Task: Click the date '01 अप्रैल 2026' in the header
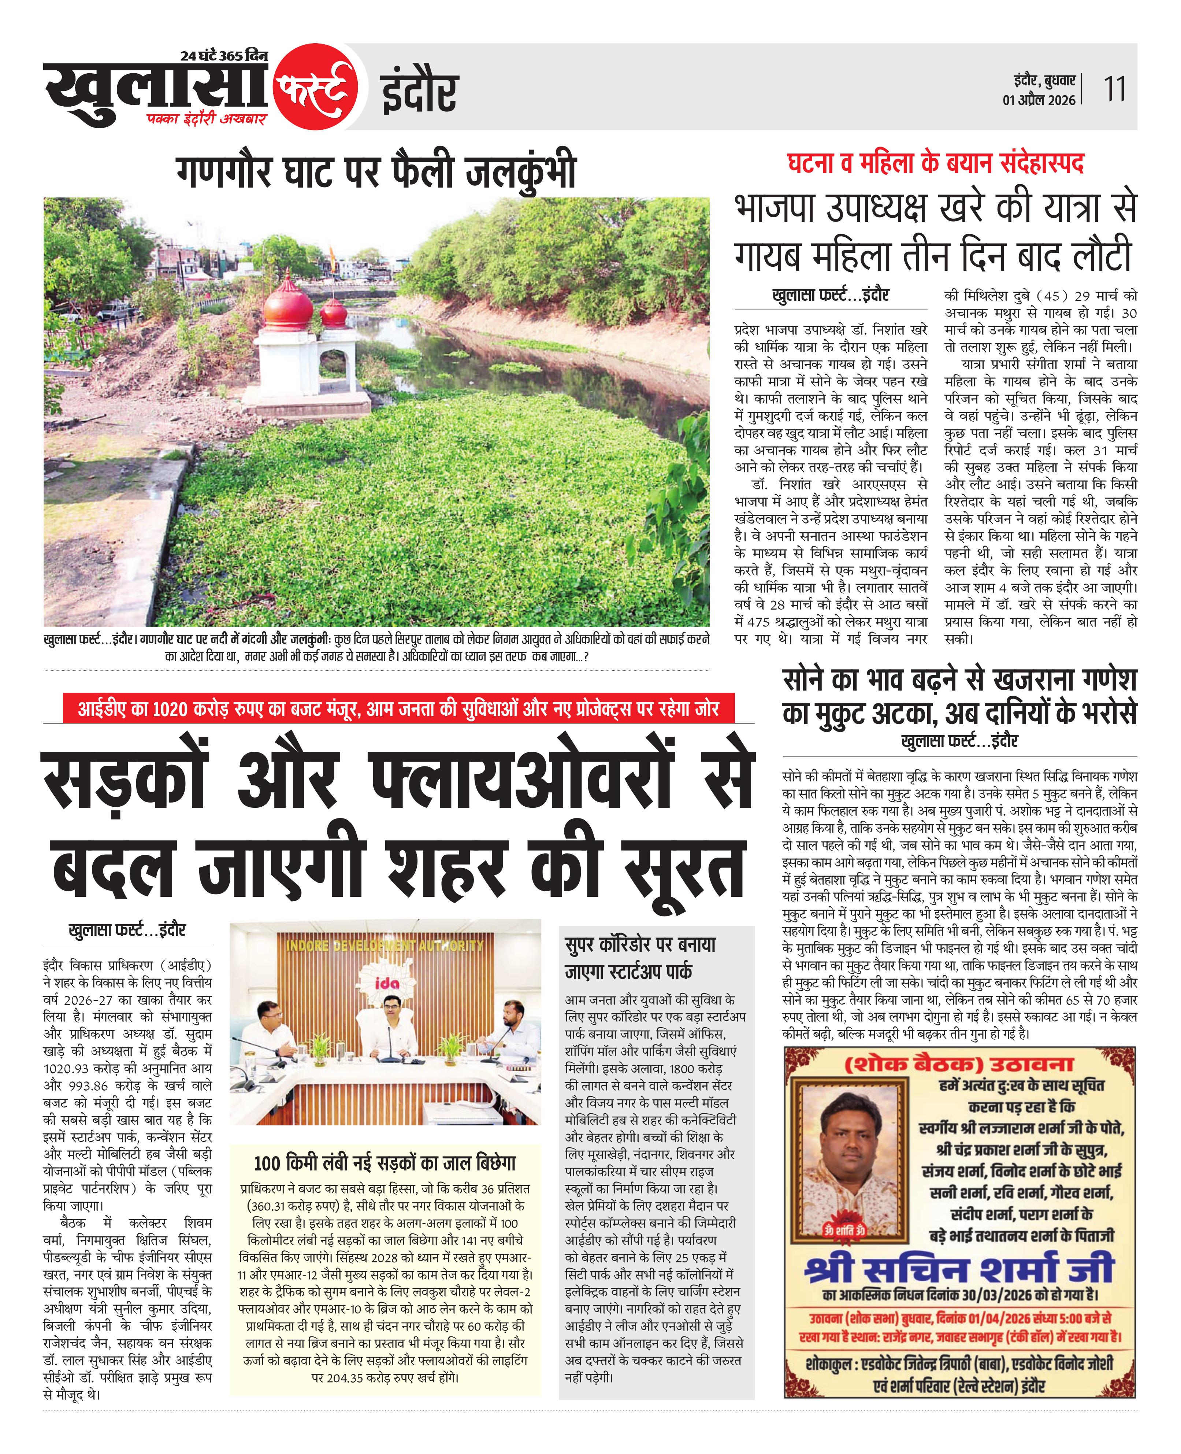[1039, 100]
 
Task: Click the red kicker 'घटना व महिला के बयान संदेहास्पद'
[935, 163]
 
